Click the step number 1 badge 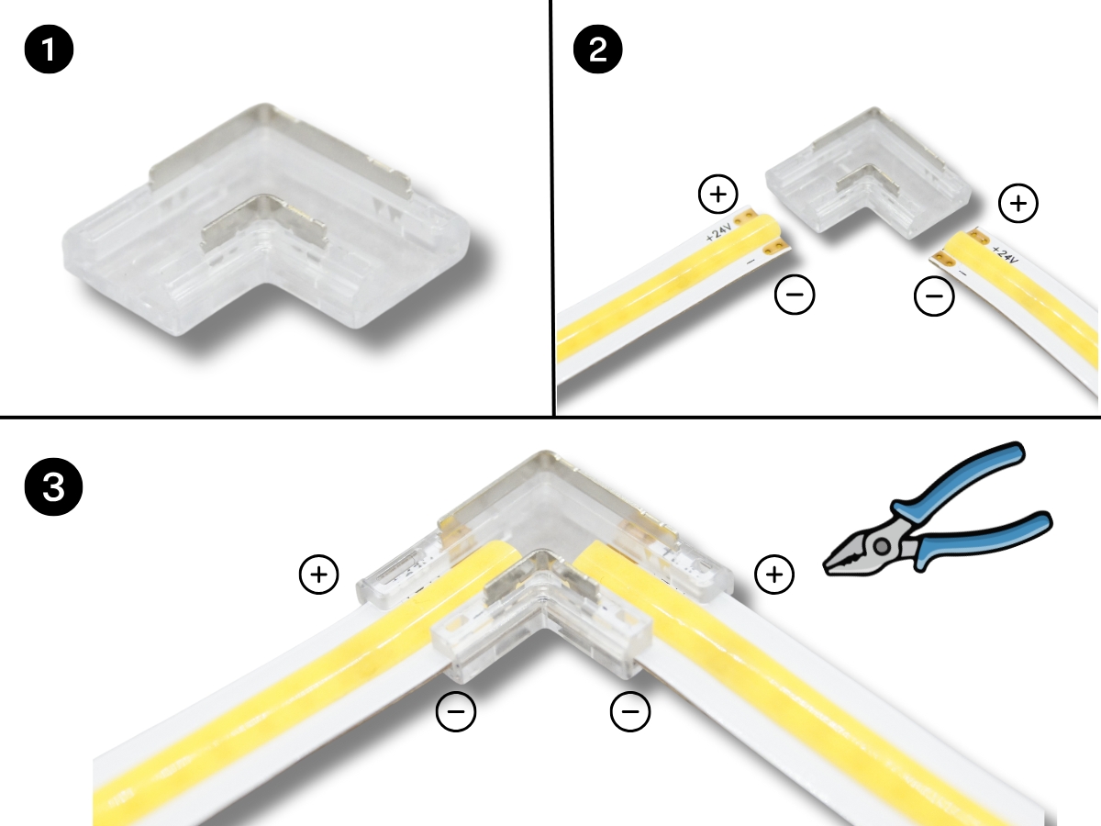pos(49,50)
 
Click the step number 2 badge pos(598,50)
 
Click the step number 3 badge pos(53,486)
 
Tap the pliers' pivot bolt pos(883,546)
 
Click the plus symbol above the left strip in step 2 pos(718,194)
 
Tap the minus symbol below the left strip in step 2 pos(795,295)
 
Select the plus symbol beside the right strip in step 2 pos(1018,203)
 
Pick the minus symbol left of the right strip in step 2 pos(934,296)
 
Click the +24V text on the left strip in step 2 pos(718,232)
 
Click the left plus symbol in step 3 pos(319,575)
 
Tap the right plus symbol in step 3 pos(774,575)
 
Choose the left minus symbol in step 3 pos(456,711)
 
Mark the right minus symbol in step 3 pos(630,711)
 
